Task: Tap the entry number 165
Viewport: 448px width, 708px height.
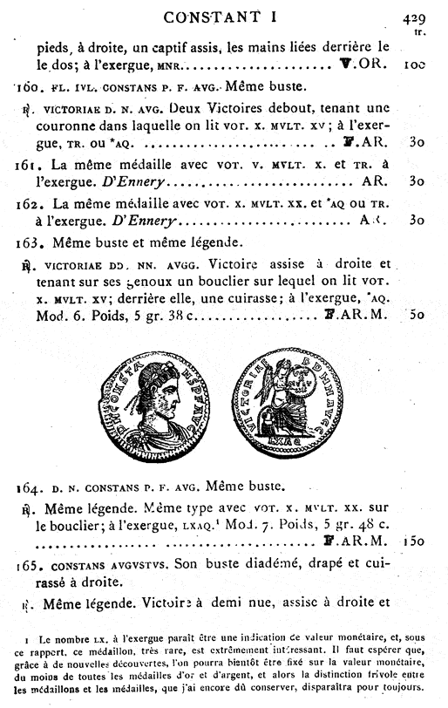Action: tap(28, 566)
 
